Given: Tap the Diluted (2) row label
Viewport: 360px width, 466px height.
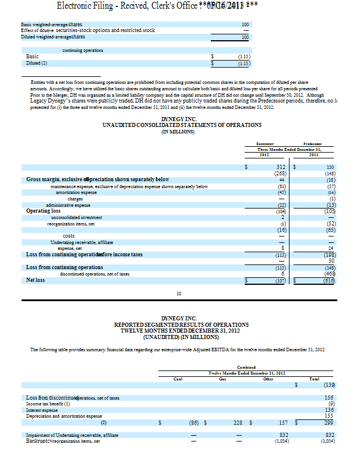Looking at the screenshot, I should pyautogui.click(x=37, y=62).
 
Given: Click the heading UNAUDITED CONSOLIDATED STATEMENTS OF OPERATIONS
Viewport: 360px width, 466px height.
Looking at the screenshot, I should pyautogui.click(x=182, y=125).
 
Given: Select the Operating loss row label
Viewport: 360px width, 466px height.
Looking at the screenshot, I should pyautogui.click(x=44, y=211).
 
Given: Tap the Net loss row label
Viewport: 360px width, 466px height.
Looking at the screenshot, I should pyautogui.click(x=36, y=280).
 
